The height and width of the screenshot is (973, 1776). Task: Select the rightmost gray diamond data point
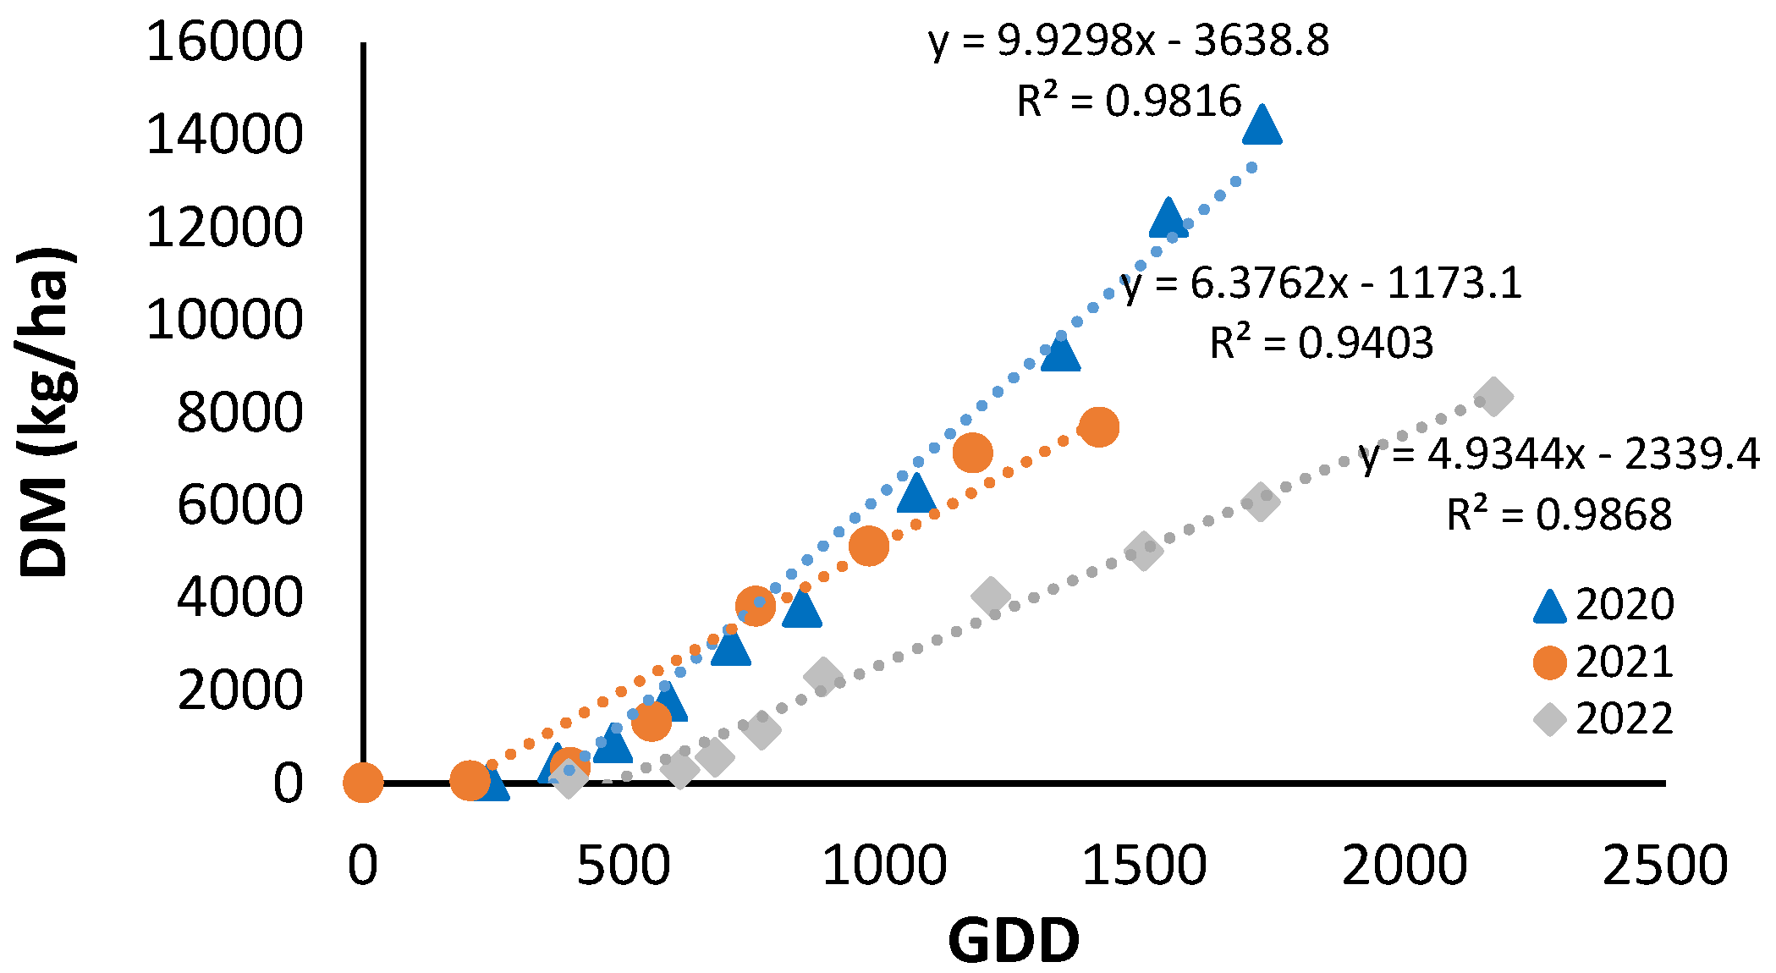(x=1493, y=397)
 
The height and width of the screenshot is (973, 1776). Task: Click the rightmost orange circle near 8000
(x=1098, y=426)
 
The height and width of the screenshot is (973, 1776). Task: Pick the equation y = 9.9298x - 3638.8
(x=1129, y=41)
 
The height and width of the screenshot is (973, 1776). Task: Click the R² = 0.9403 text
(x=1321, y=343)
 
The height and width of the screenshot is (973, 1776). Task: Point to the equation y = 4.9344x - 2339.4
(x=1559, y=455)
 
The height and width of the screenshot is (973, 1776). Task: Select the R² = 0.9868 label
(x=1559, y=514)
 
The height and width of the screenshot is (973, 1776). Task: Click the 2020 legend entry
(x=1603, y=605)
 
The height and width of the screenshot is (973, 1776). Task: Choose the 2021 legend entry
(x=1603, y=662)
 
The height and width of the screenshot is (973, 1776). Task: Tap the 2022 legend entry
(x=1603, y=719)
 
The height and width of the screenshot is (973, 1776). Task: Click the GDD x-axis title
(x=1013, y=941)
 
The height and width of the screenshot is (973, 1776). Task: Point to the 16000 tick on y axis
(x=224, y=41)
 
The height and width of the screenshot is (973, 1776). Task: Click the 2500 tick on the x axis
(x=1664, y=866)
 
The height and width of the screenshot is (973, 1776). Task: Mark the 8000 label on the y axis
(x=239, y=413)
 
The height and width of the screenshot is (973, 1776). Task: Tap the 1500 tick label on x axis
(x=1144, y=866)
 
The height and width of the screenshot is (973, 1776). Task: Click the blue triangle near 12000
(x=1168, y=219)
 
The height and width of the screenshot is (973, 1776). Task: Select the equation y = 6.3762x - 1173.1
(x=1321, y=283)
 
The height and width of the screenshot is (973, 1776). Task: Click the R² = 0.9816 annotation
(x=1129, y=102)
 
